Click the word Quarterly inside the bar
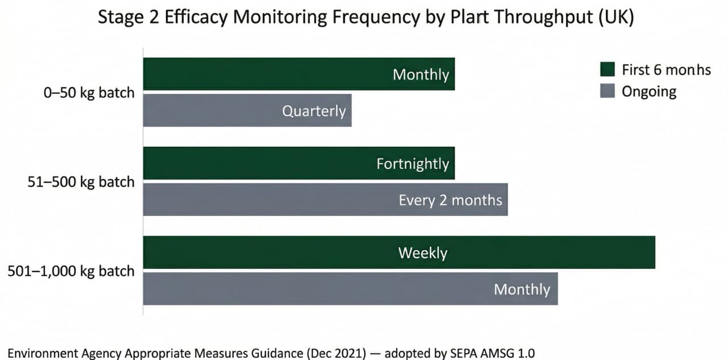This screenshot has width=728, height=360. pos(314,110)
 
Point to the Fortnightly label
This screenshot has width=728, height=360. pos(412,164)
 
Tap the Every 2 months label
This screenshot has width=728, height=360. pos(450,200)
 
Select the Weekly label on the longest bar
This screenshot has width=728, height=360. pos(423,253)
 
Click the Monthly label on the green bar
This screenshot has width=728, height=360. pos(421,75)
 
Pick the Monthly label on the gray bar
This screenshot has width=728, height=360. pos(522,289)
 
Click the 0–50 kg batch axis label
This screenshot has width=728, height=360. pos(89,92)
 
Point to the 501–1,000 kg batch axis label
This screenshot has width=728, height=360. pos(71,271)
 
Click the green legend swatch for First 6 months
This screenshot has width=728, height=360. pos(607,69)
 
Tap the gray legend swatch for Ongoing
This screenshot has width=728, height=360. pos(607,91)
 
